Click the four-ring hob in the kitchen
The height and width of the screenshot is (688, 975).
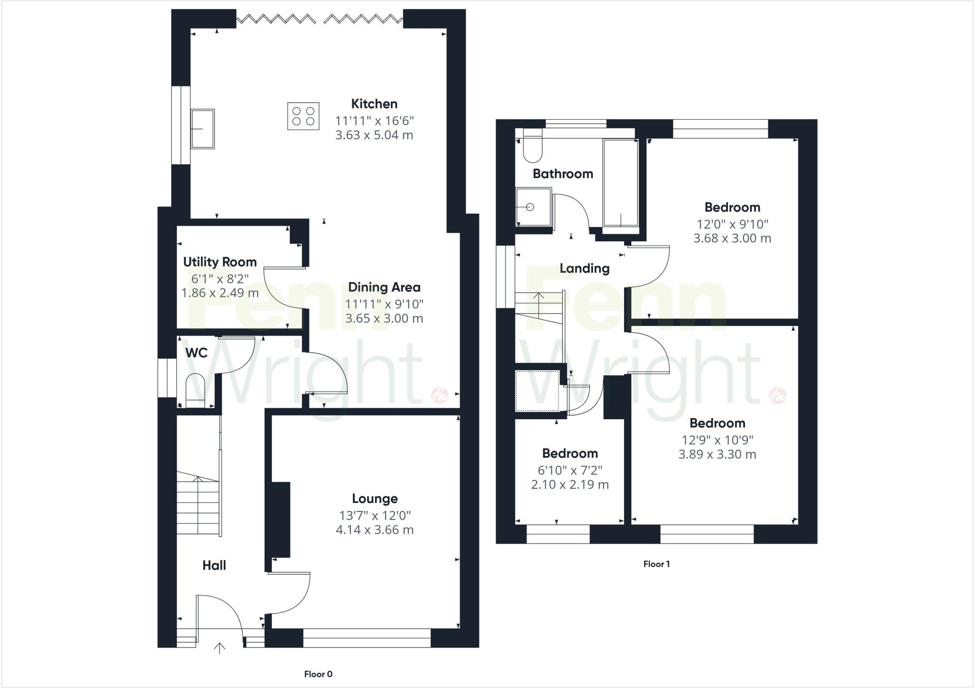[x=303, y=116]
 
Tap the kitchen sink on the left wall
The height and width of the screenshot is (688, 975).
[x=202, y=128]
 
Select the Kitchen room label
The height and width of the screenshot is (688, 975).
[x=374, y=104]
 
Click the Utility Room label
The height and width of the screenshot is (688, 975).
[x=219, y=262]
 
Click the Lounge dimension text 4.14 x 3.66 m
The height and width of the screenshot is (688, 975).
[x=375, y=530]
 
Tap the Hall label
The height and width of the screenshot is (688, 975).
[x=214, y=565]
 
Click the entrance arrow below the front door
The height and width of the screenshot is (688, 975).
[x=219, y=648]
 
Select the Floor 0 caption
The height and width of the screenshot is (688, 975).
[x=318, y=674]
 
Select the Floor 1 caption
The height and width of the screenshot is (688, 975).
[x=656, y=564]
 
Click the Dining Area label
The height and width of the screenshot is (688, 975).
[x=384, y=287]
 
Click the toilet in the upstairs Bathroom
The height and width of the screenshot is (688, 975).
[x=532, y=147]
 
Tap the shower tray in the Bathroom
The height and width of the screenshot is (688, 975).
[x=534, y=207]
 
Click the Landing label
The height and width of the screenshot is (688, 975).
[x=584, y=268]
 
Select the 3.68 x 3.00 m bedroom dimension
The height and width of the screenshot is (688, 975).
[x=732, y=238]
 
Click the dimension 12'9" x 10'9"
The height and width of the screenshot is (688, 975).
[x=717, y=440]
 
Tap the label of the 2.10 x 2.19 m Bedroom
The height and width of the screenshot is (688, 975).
[x=569, y=453]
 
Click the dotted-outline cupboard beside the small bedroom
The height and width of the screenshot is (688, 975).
[x=538, y=391]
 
